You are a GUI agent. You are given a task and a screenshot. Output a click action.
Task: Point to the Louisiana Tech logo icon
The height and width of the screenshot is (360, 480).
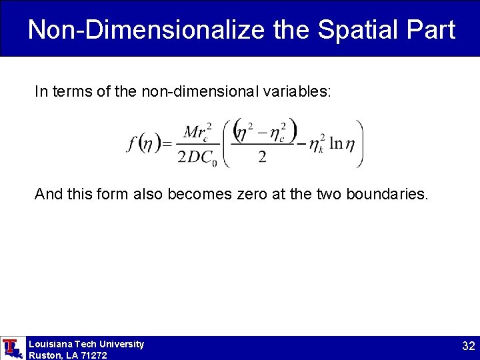point(11,347)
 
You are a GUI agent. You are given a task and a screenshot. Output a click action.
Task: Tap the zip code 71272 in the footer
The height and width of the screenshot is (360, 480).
point(93,355)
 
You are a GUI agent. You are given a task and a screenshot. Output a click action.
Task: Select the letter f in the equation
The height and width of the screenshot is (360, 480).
point(131,143)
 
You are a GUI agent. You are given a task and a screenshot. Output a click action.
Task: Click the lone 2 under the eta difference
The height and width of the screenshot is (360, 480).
point(262,157)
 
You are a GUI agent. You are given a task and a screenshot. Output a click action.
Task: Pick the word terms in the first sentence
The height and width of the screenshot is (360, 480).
point(71,91)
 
